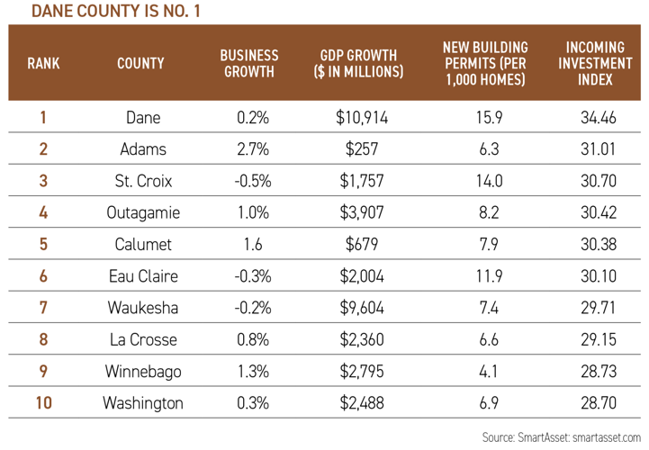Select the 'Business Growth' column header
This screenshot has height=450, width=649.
pos(249,63)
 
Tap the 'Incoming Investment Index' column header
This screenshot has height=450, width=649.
pos(590,63)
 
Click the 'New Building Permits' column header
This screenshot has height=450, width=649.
pos(485,63)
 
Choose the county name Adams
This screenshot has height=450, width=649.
pos(144,148)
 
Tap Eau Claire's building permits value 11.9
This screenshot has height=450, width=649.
pos(484,275)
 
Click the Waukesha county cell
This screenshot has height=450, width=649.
pos(144,307)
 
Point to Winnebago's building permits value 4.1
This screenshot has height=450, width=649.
pos(484,371)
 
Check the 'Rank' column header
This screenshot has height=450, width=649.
pos(44,63)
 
